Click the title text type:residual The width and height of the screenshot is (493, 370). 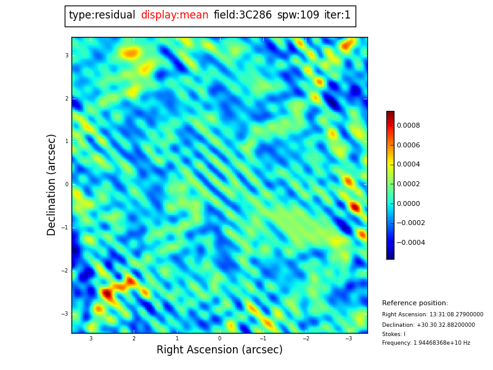click(x=102, y=15)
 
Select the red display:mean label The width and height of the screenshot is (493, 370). click(x=174, y=15)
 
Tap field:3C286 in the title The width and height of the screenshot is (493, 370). click(x=242, y=15)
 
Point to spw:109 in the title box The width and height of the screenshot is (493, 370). click(x=298, y=15)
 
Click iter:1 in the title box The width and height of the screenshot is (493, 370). click(x=337, y=15)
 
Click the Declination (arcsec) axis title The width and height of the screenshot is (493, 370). click(x=52, y=184)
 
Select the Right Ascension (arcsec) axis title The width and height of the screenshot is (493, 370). click(x=219, y=350)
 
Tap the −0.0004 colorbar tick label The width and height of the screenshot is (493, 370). click(x=410, y=243)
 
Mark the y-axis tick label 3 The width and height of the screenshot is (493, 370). click(x=67, y=55)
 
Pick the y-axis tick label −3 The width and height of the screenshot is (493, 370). click(x=65, y=314)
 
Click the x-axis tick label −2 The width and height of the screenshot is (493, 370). click(x=305, y=339)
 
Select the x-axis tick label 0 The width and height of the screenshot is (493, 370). click(x=219, y=339)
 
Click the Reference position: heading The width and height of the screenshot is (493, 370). click(x=415, y=303)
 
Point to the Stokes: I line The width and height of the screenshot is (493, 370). click(x=394, y=334)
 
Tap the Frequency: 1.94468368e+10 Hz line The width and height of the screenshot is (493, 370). click(x=426, y=343)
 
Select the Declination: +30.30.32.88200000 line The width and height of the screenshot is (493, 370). click(x=428, y=325)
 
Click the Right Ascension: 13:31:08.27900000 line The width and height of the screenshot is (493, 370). click(x=433, y=314)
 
